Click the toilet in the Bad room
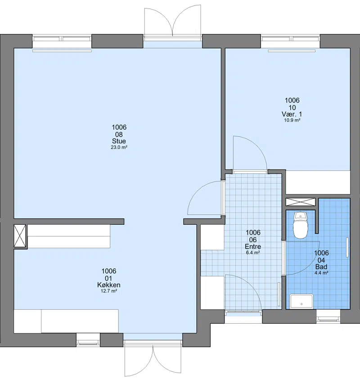[x=301, y=225]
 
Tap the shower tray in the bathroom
[x=301, y=301]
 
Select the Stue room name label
[x=119, y=141]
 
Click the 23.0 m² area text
[x=119, y=147]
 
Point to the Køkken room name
[x=109, y=285]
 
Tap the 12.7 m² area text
[x=109, y=291]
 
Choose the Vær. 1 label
[x=292, y=114]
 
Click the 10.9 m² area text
[x=292, y=120]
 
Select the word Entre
[x=253, y=246]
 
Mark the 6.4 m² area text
[x=253, y=253]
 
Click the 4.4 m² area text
[x=321, y=273]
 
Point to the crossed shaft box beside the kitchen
[x=20, y=236]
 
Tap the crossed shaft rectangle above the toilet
[x=301, y=202]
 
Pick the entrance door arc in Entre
[x=252, y=285]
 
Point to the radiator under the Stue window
[x=62, y=51]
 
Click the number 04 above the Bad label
[x=321, y=260]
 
